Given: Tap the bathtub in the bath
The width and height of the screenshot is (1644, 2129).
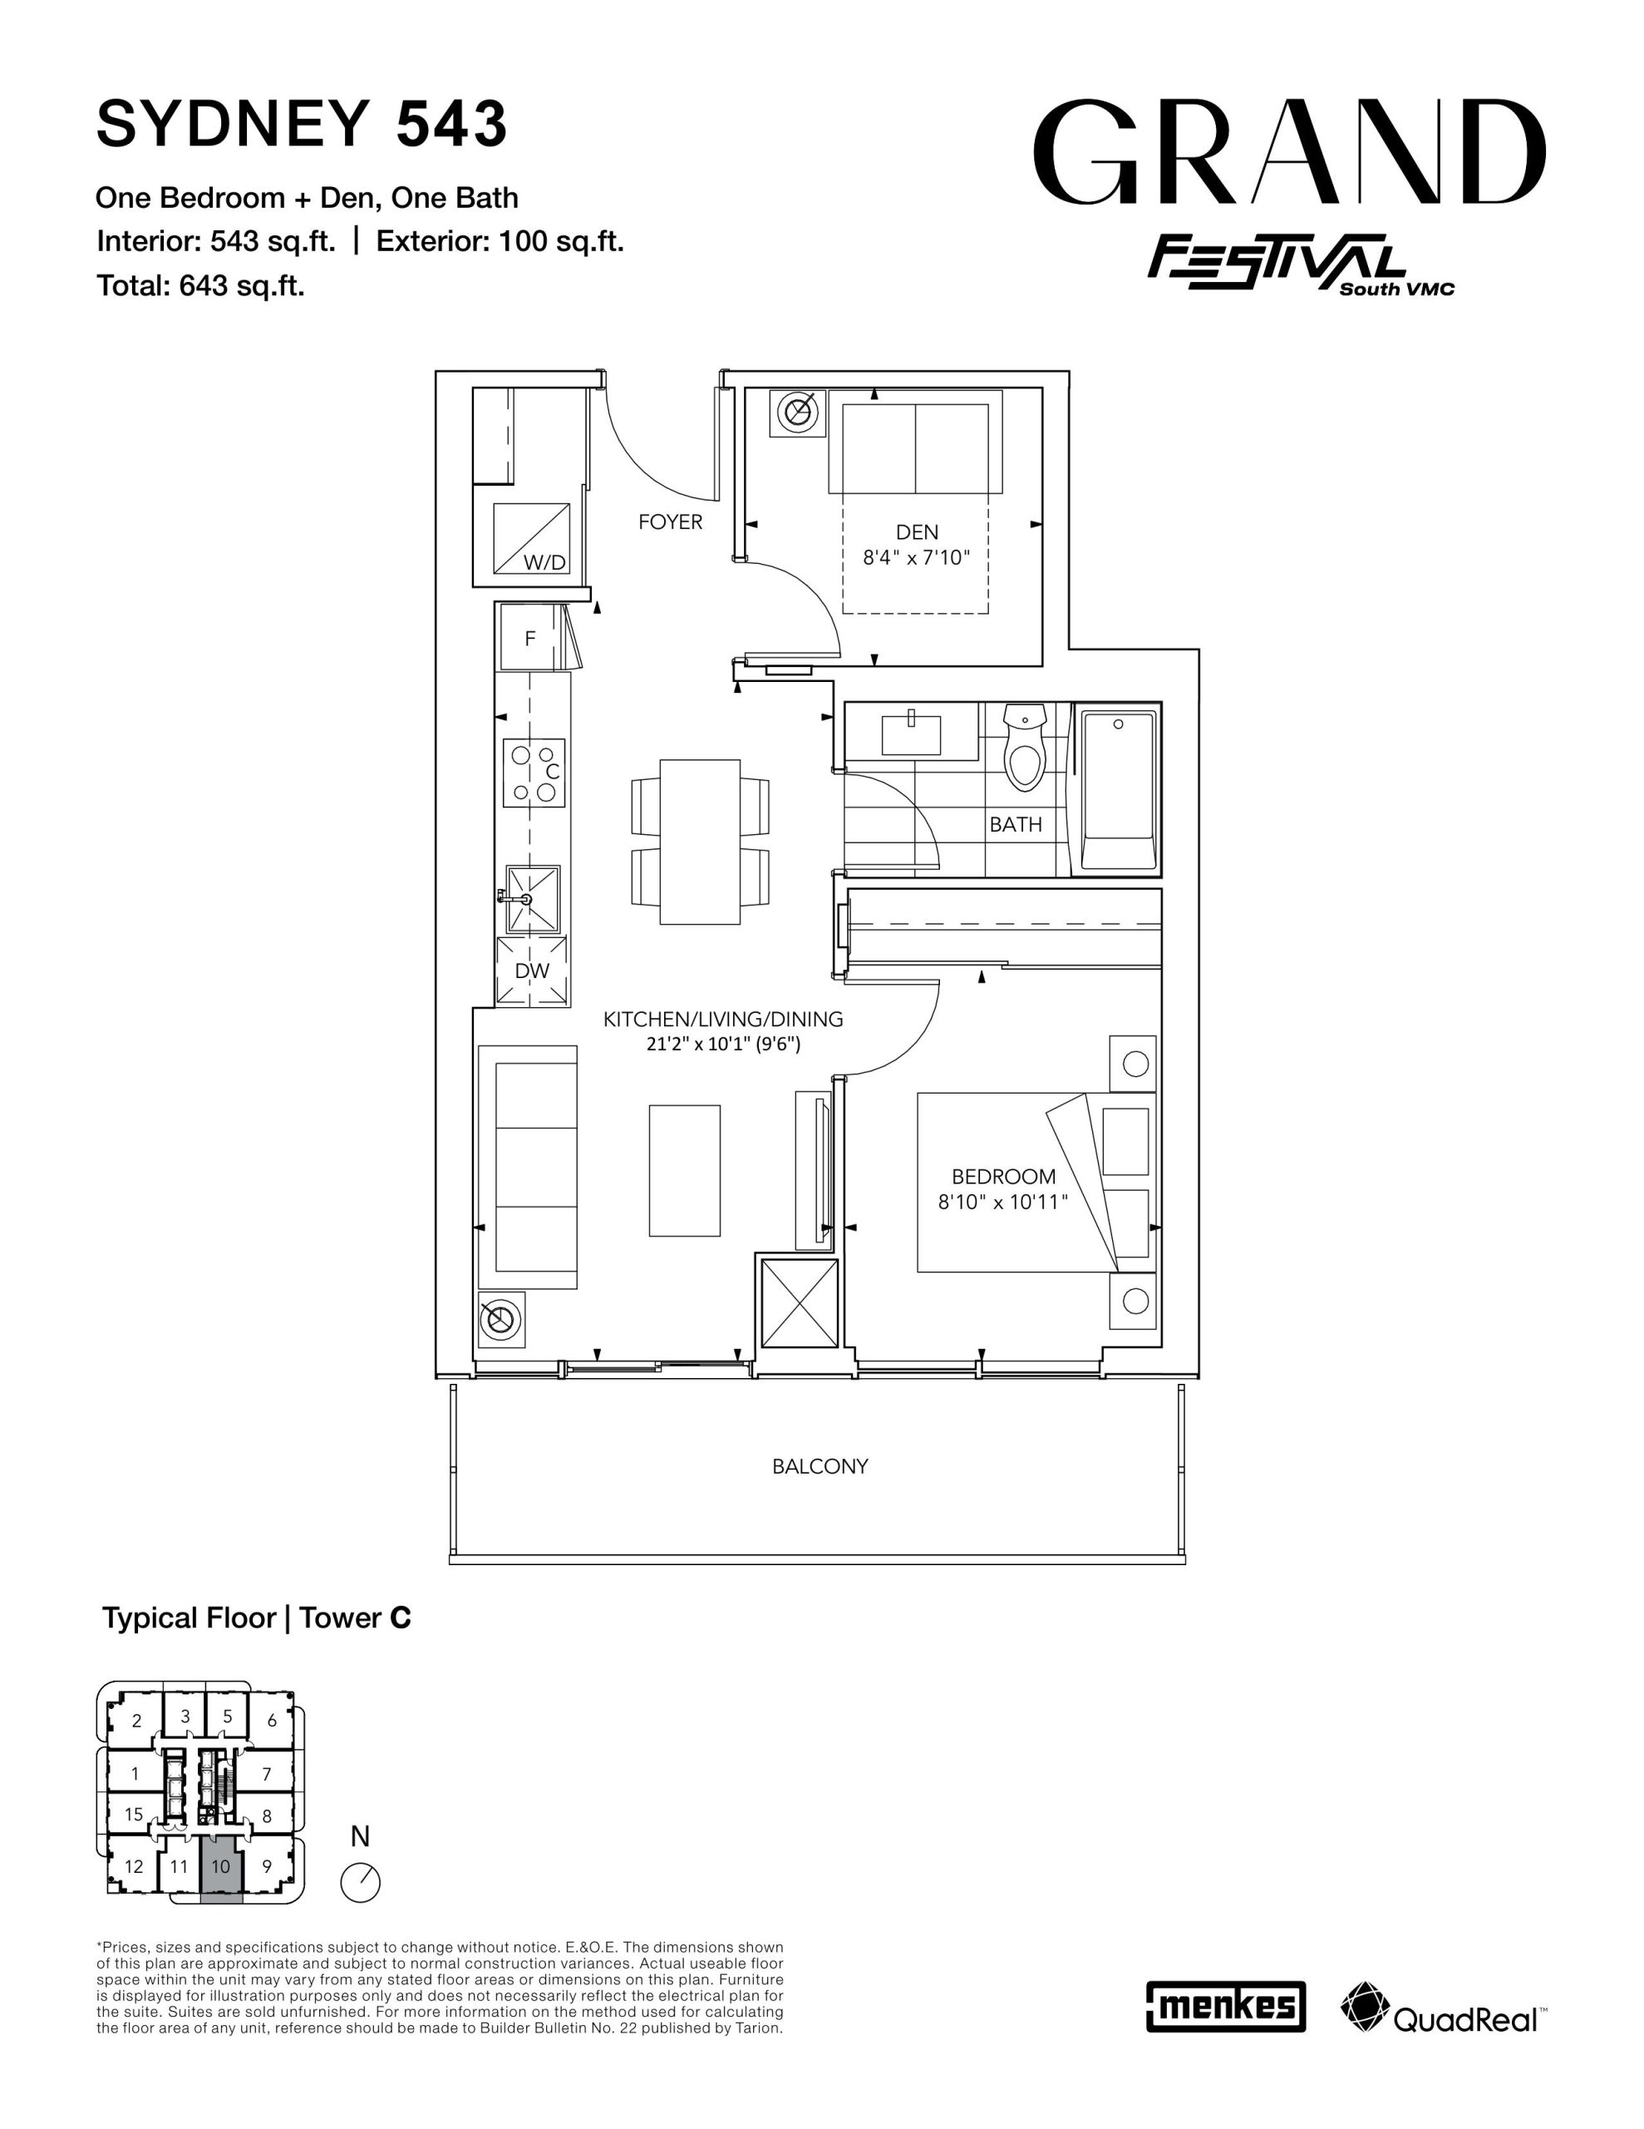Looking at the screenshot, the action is (1118, 791).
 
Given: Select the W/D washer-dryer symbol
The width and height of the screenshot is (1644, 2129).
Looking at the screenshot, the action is (531, 539).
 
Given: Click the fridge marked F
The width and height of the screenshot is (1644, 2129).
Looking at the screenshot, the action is (531, 638).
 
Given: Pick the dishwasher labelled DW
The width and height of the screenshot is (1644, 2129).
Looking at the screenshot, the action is (531, 971).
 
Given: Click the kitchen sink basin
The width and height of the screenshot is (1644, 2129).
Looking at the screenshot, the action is (531, 899).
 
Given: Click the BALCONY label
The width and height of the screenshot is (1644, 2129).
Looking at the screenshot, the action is (820, 1466).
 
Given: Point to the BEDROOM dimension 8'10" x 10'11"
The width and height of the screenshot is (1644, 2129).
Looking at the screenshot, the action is (1002, 1203).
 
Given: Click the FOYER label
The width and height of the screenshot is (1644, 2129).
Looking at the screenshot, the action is (671, 522).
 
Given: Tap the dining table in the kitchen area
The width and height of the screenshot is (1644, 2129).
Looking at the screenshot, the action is (700, 842).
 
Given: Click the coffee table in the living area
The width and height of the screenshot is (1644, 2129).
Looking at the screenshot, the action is (685, 1171).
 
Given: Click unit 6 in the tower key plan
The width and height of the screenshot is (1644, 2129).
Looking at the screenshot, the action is (272, 1721).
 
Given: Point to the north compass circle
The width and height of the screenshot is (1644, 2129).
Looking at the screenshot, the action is (361, 1882).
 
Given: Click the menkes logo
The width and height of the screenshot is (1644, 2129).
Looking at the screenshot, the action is (1226, 2006).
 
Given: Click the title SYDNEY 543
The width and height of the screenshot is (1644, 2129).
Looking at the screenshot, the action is (302, 125).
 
